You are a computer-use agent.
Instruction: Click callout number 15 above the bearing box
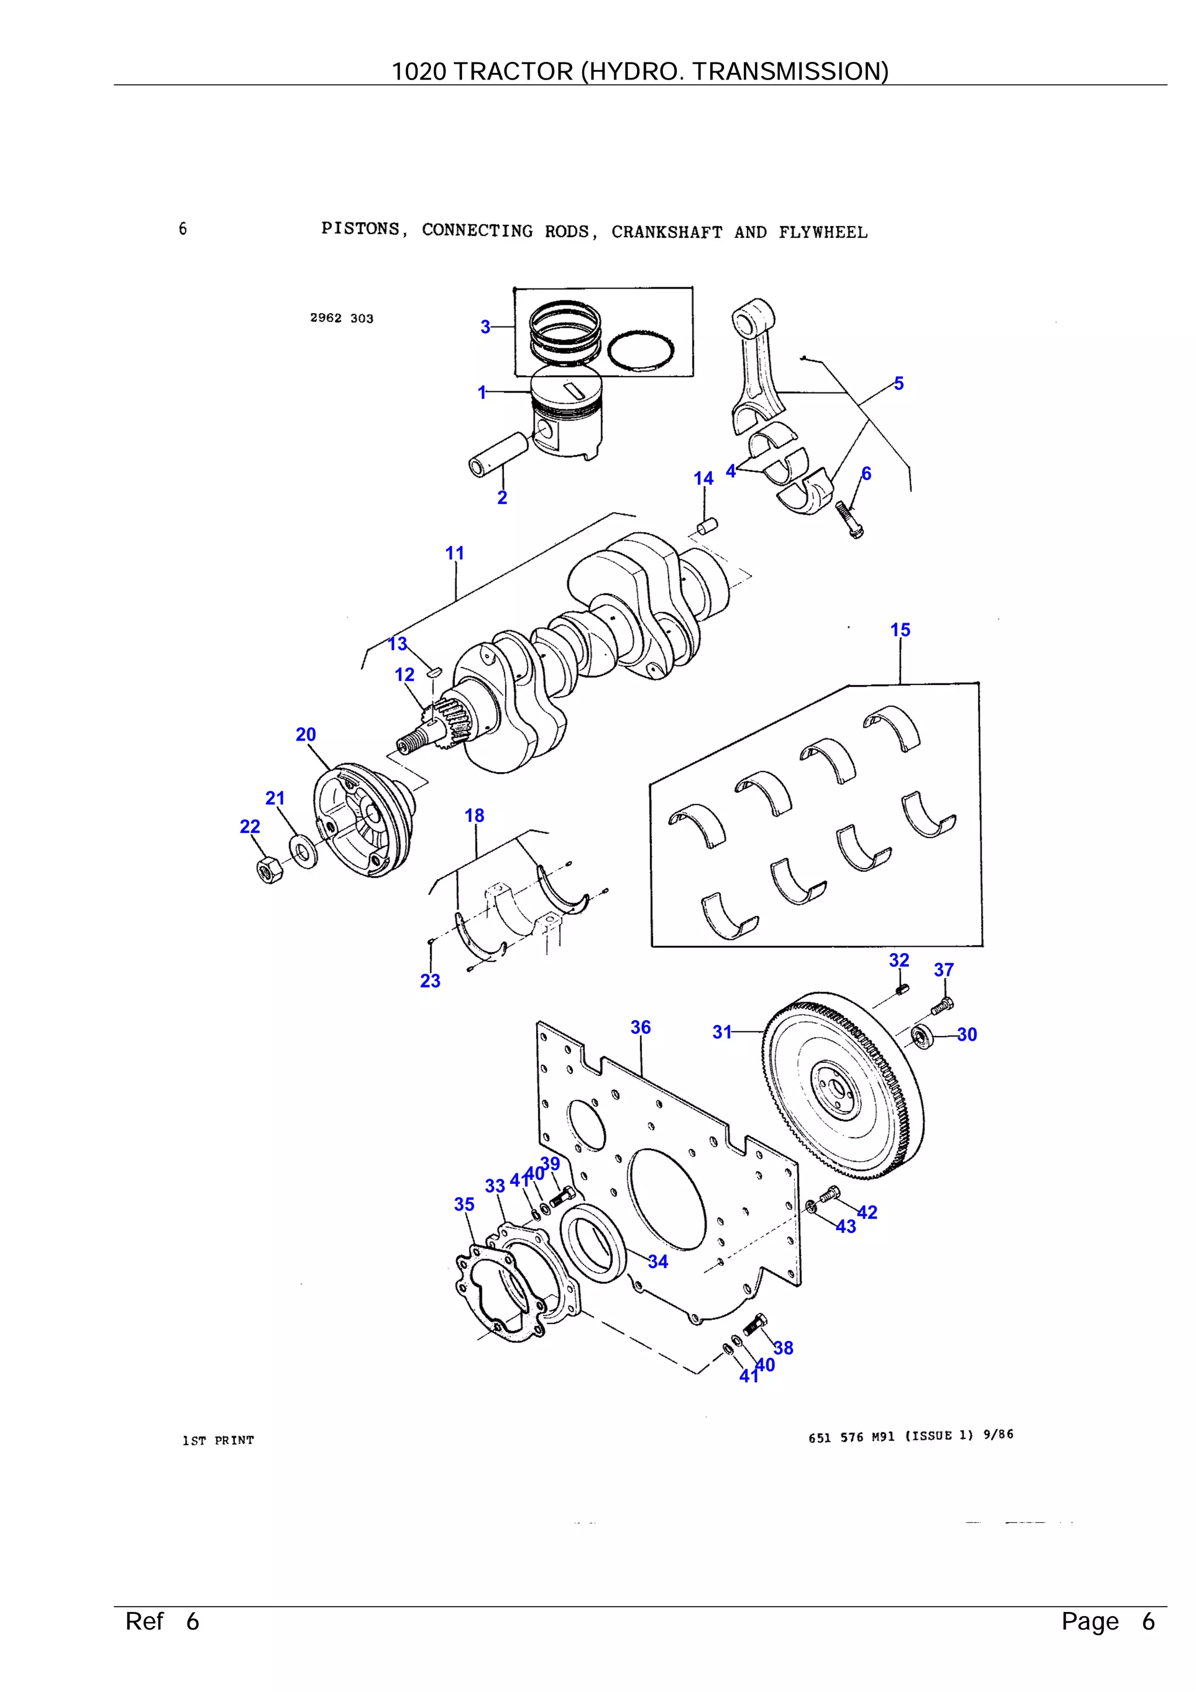point(900,630)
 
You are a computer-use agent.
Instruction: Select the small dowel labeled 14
point(707,527)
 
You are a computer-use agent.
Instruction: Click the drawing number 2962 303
point(341,318)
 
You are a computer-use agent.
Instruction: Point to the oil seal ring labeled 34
point(593,1243)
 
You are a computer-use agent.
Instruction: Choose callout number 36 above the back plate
point(641,1027)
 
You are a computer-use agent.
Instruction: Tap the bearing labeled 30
point(923,1036)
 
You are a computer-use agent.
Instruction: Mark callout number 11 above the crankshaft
point(455,554)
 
